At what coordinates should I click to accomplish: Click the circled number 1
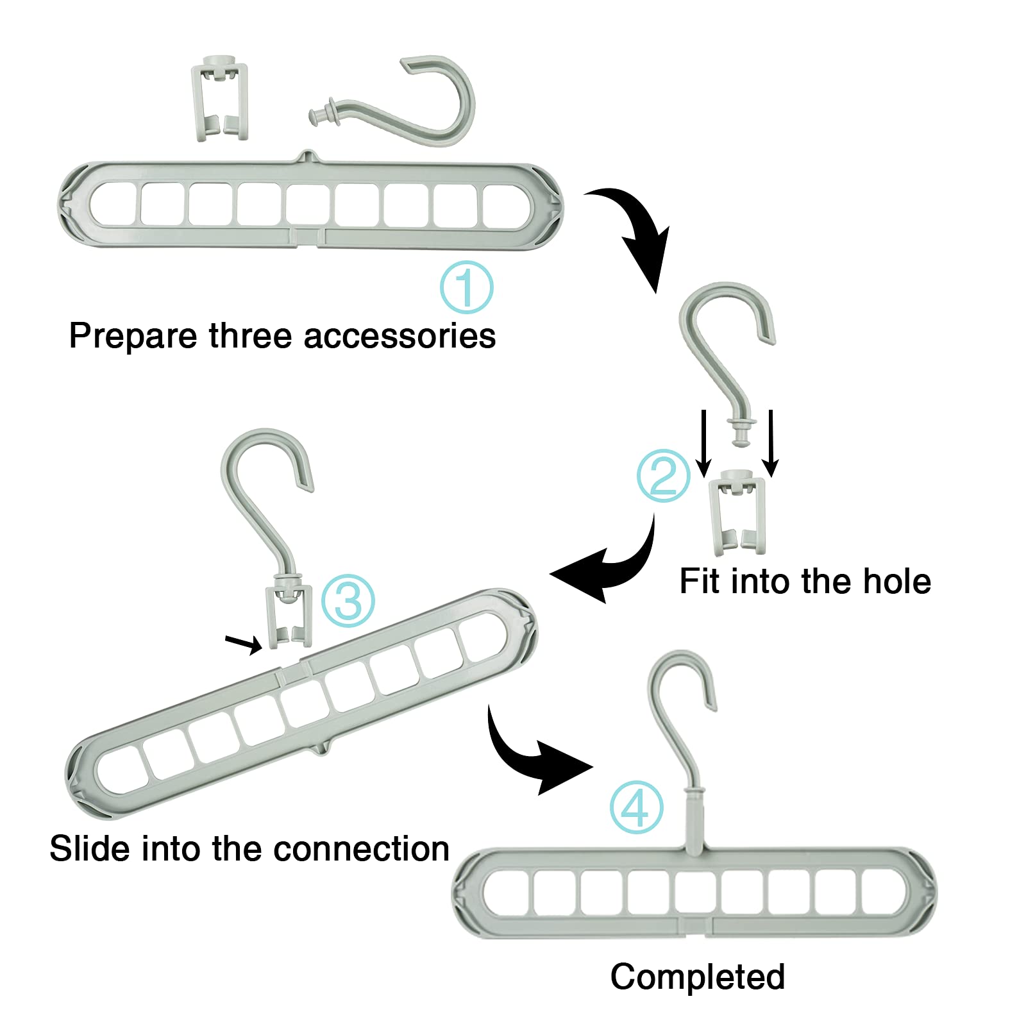click(466, 287)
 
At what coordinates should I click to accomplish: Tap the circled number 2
click(663, 475)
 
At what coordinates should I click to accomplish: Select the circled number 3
click(348, 601)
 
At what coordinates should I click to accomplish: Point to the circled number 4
click(635, 807)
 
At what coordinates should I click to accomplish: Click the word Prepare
click(133, 336)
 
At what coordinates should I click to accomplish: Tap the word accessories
click(399, 336)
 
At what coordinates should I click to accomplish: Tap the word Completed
click(697, 977)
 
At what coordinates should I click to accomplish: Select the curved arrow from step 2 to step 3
click(609, 564)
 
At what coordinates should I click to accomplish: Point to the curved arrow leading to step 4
click(532, 757)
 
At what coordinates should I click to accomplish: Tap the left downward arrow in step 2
click(703, 442)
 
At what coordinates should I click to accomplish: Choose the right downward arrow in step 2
click(771, 442)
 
